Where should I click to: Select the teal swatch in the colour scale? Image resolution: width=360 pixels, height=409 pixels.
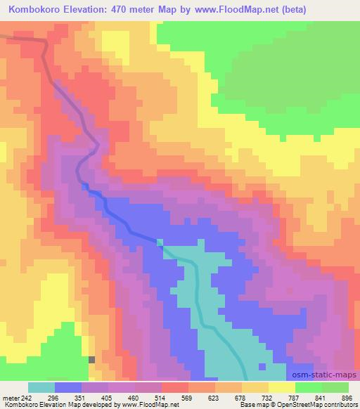41,388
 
